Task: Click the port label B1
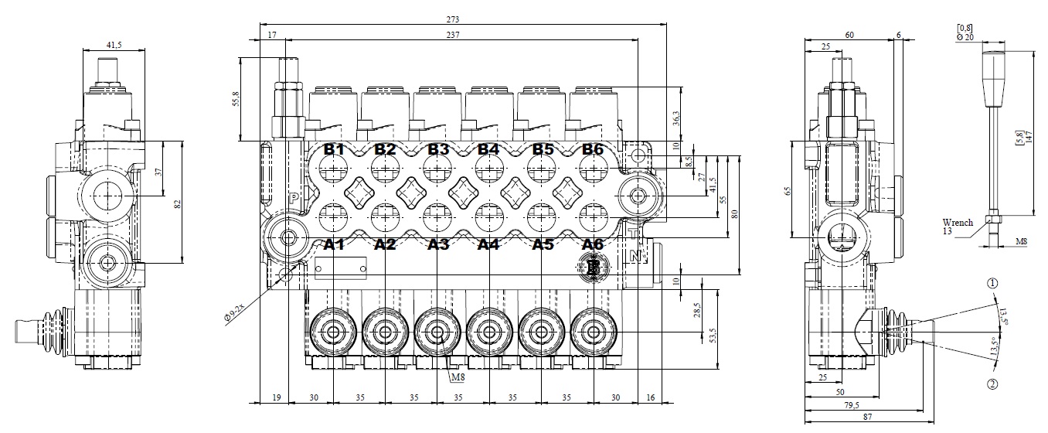[x=334, y=149]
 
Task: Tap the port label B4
[x=488, y=149]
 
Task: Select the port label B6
[x=592, y=149]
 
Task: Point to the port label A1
[x=334, y=245]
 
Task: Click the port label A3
[x=438, y=245]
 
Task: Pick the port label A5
[x=543, y=245]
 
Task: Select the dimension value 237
[x=461, y=35]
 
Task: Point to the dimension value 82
[x=177, y=204]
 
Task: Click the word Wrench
[x=958, y=223]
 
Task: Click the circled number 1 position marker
[x=992, y=284]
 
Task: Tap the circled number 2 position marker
[x=992, y=384]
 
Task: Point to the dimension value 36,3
[x=675, y=118]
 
